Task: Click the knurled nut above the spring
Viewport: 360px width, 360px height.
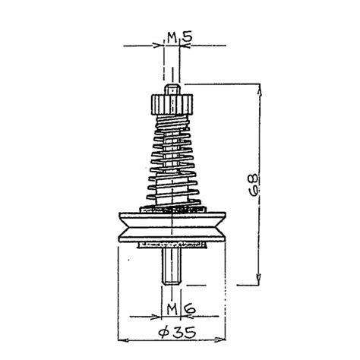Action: (x=173, y=101)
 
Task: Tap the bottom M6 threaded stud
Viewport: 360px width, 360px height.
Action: (x=172, y=265)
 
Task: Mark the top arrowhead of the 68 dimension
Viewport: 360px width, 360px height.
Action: (x=261, y=85)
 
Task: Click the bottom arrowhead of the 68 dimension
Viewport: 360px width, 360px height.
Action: (x=261, y=279)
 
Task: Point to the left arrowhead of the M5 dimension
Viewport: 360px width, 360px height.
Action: (x=161, y=45)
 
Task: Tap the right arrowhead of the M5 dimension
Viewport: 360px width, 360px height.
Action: (x=184, y=45)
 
